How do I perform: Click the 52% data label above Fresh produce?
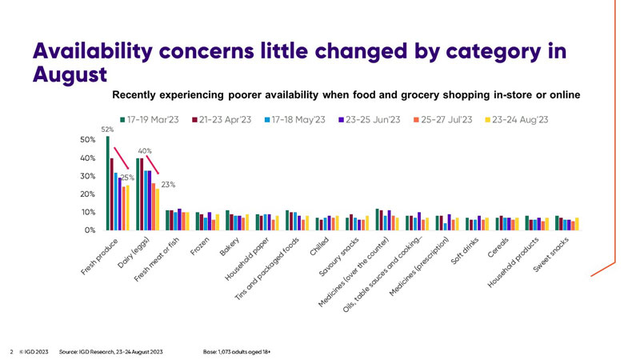pos(106,130)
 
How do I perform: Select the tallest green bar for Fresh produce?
pos(107,183)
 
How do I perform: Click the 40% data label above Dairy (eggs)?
pos(145,150)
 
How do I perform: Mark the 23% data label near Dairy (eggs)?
pos(167,185)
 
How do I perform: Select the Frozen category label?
pos(200,247)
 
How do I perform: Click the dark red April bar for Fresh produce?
pos(112,194)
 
